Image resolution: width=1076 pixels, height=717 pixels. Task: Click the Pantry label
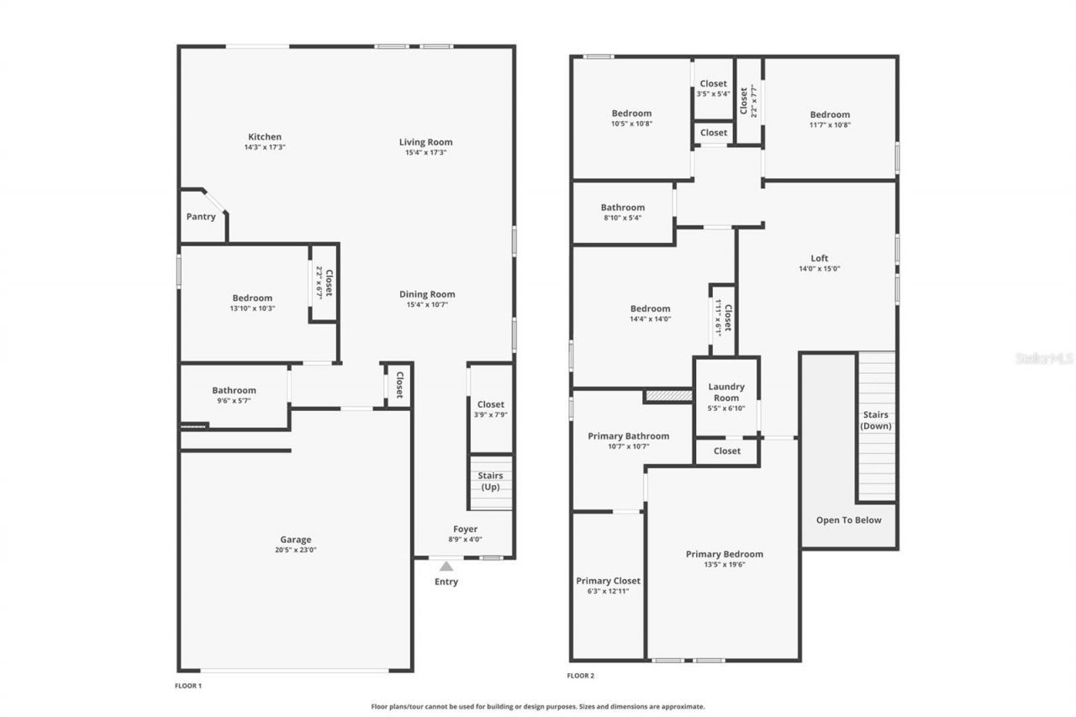tap(201, 217)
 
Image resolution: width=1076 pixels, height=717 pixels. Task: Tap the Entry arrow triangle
tap(446, 567)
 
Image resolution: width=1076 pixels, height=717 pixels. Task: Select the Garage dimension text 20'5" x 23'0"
tap(295, 550)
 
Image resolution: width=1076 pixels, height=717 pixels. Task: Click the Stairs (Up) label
tap(491, 482)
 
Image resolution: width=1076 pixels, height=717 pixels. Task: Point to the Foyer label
tap(465, 529)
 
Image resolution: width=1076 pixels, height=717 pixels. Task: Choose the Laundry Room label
tap(726, 393)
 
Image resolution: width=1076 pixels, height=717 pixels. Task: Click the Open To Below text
tap(849, 520)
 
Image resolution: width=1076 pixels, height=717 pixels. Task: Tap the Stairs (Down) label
tap(876, 420)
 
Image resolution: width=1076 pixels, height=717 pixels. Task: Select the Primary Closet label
tap(608, 581)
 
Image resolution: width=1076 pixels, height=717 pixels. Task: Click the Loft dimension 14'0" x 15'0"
tap(820, 269)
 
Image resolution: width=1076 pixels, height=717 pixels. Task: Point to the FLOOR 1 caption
tap(188, 686)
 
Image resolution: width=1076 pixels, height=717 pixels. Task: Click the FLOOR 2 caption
tap(581, 676)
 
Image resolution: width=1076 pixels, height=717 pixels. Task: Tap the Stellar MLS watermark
tap(1044, 358)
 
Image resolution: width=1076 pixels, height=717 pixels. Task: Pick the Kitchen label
tap(265, 137)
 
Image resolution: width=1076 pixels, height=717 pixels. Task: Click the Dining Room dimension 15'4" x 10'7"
tap(427, 304)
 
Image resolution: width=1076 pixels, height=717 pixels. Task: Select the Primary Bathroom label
tap(629, 435)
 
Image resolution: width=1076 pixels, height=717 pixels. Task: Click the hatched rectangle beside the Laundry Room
tap(668, 395)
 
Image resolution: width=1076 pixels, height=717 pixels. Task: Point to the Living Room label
tap(425, 142)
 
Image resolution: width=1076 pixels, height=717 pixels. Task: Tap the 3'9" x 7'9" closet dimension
tap(491, 414)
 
